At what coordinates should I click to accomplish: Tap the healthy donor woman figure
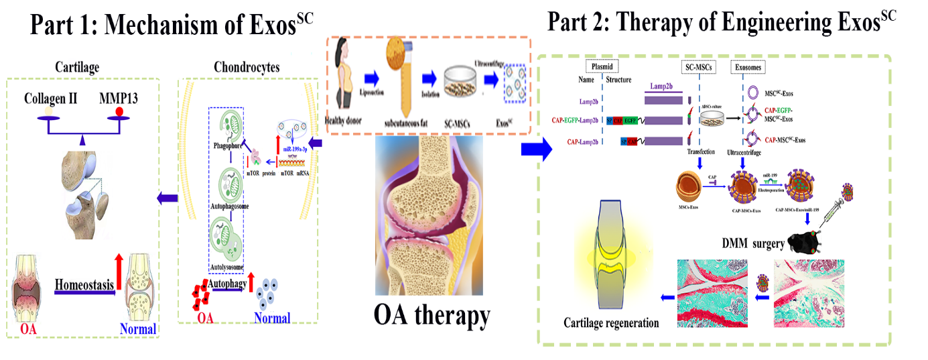pyautogui.click(x=343, y=77)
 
